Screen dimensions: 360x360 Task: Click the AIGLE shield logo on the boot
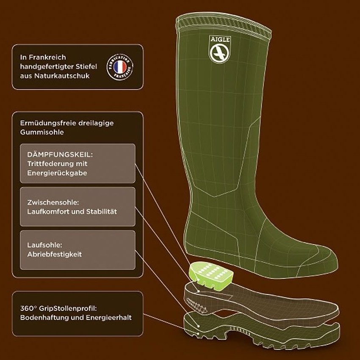[x=220, y=49]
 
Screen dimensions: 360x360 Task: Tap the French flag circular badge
[x=120, y=67]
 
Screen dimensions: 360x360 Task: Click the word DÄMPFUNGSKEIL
[x=60, y=154]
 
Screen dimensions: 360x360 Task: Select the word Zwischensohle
[x=53, y=202]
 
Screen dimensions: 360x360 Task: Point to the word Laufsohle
[x=45, y=245]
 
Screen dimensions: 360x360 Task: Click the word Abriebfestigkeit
[x=55, y=254]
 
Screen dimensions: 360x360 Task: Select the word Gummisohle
[x=42, y=132]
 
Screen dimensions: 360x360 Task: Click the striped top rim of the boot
[x=224, y=25]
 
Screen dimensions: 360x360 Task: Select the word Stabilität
[x=101, y=212]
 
